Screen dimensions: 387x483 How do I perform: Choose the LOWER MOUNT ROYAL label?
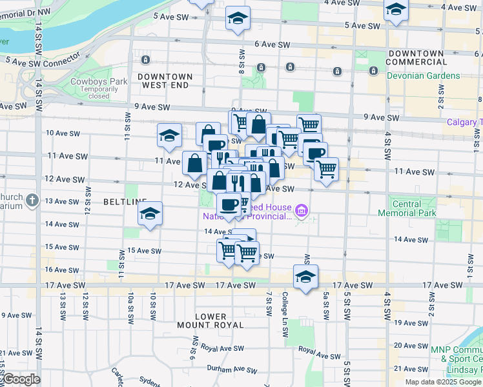point(210,321)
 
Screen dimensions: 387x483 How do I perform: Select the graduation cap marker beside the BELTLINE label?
point(150,213)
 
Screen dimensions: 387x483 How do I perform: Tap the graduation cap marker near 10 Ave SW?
point(169,134)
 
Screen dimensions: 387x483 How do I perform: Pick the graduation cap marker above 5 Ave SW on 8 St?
point(238,18)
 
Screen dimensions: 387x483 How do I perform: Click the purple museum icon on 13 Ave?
point(302,210)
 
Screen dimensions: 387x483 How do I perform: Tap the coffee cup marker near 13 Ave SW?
point(228,204)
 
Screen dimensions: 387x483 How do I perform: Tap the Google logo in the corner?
point(21,379)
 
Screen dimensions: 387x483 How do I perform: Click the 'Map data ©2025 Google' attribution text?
point(443,382)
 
